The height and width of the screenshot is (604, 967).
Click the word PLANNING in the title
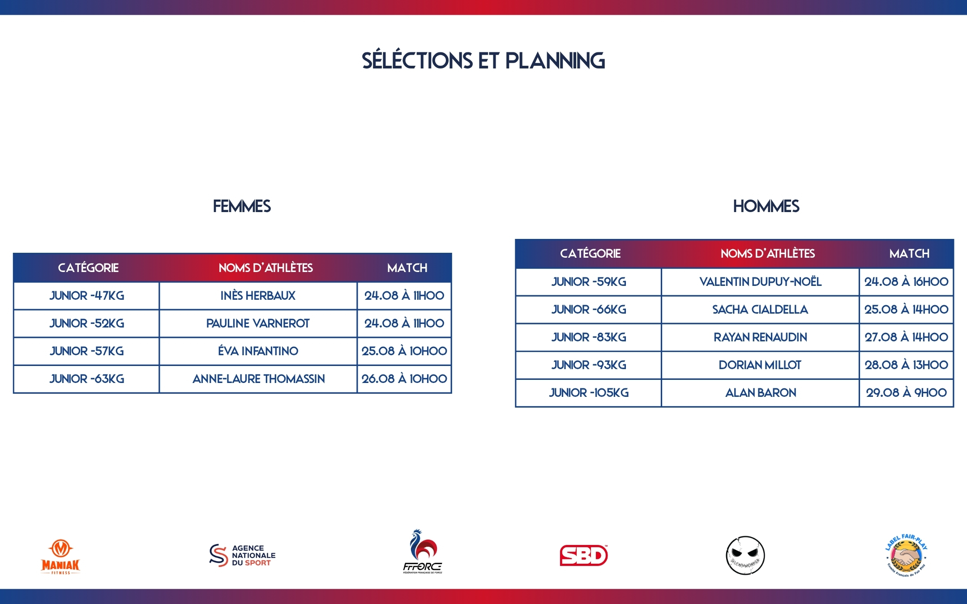(555, 61)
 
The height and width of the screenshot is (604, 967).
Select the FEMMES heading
(242, 206)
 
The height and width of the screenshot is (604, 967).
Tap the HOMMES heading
(766, 206)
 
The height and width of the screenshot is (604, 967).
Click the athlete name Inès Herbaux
(258, 295)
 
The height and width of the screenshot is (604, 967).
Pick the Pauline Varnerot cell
(258, 323)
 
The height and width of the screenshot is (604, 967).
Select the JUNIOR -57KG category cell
(87, 351)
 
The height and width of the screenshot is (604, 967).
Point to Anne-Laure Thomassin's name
(259, 379)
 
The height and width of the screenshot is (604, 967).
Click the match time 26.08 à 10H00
(404, 379)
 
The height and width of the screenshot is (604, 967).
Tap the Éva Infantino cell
(258, 351)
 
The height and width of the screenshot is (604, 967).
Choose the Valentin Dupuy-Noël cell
(761, 281)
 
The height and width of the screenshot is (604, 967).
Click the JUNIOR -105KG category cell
(589, 392)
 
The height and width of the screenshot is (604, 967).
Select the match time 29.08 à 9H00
(906, 392)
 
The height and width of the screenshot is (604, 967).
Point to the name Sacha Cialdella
(760, 309)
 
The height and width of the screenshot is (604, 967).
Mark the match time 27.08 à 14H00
(906, 337)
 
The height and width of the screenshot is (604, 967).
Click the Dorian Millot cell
(760, 365)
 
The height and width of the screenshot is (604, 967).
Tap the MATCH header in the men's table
(909, 254)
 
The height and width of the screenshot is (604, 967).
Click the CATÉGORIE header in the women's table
(88, 268)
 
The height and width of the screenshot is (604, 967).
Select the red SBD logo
(584, 555)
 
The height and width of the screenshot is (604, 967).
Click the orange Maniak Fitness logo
(60, 557)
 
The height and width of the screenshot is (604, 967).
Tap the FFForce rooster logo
(423, 551)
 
